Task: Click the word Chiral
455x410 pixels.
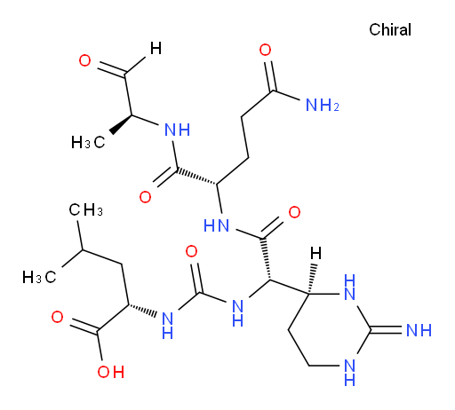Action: tap(390, 29)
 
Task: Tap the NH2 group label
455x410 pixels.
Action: tap(322, 105)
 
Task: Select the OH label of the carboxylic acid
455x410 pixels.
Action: tap(111, 372)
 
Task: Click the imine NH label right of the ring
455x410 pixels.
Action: tap(419, 330)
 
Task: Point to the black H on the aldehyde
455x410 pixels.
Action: tap(156, 48)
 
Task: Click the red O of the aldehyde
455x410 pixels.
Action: tap(85, 60)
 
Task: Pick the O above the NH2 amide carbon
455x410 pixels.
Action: tap(265, 50)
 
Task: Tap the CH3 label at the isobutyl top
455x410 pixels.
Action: tap(85, 210)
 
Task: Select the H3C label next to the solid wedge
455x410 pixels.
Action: tap(88, 142)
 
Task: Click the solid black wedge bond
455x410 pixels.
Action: tap(121, 124)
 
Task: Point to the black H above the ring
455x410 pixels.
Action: tap(315, 254)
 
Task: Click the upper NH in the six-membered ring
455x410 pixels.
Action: tap(350, 287)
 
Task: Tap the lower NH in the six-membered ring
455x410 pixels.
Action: tap(350, 373)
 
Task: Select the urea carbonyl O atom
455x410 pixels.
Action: tap(191, 251)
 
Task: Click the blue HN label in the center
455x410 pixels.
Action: tap(216, 226)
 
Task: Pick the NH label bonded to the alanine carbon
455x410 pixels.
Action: tap(177, 130)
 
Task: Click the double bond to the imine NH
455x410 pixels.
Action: tap(387, 330)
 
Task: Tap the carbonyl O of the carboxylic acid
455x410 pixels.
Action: tap(57, 317)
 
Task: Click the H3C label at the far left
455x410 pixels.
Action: tap(39, 278)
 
